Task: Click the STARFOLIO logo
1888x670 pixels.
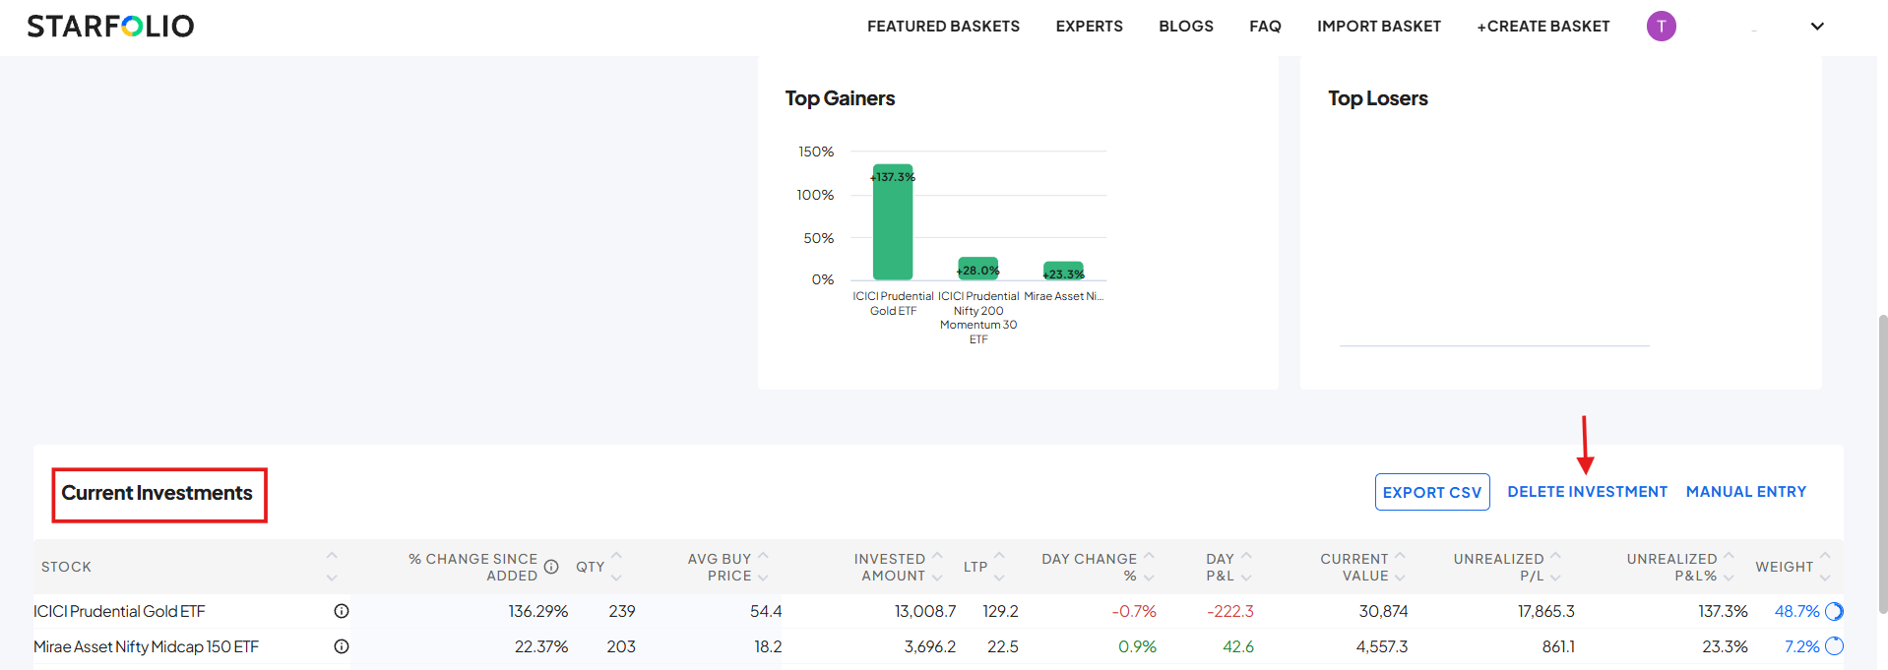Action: (110, 26)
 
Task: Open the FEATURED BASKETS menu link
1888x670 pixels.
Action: (943, 27)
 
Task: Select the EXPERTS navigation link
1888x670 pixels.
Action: (1089, 27)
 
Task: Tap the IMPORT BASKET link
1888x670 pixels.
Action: (1378, 27)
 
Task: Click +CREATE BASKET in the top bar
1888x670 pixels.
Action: (1542, 27)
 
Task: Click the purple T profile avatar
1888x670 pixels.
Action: (1661, 27)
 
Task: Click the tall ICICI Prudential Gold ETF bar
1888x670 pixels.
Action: (893, 226)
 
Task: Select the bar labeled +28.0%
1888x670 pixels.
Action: (977, 269)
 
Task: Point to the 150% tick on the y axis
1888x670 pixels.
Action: (816, 152)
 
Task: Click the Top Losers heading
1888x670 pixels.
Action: (1377, 98)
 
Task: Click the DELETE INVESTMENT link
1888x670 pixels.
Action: (1587, 492)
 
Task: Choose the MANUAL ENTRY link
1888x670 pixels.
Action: (1745, 492)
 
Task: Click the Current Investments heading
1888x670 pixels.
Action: (157, 493)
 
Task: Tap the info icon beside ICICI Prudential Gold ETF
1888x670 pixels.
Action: (342, 611)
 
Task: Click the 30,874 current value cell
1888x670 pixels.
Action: (1383, 611)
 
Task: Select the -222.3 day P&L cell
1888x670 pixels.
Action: (1230, 611)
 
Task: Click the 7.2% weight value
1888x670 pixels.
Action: (1801, 646)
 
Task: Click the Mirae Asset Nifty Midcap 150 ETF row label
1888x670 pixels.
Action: (146, 646)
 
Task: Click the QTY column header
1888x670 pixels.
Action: (590, 567)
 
